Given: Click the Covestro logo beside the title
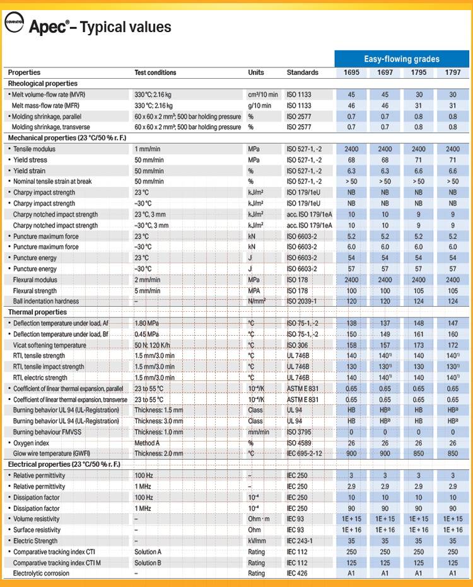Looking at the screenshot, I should (x=14, y=27).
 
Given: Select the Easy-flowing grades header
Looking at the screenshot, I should (x=401, y=59).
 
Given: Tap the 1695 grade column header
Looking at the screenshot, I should (x=351, y=72).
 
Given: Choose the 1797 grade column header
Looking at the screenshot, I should (x=452, y=72).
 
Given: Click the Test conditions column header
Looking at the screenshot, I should (x=155, y=72).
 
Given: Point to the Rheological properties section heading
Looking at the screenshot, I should (x=43, y=83).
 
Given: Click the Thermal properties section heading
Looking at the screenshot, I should (x=37, y=312).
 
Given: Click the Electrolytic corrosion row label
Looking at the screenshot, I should (x=43, y=574).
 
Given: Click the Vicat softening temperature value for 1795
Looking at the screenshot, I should (x=419, y=345).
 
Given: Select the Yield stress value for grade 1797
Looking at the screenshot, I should (x=452, y=160).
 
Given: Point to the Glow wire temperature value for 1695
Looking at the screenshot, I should (x=351, y=453).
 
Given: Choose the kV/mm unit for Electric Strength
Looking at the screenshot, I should (x=257, y=541).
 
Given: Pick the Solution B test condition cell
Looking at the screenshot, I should (x=148, y=562).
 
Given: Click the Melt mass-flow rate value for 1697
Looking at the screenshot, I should (x=385, y=106).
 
